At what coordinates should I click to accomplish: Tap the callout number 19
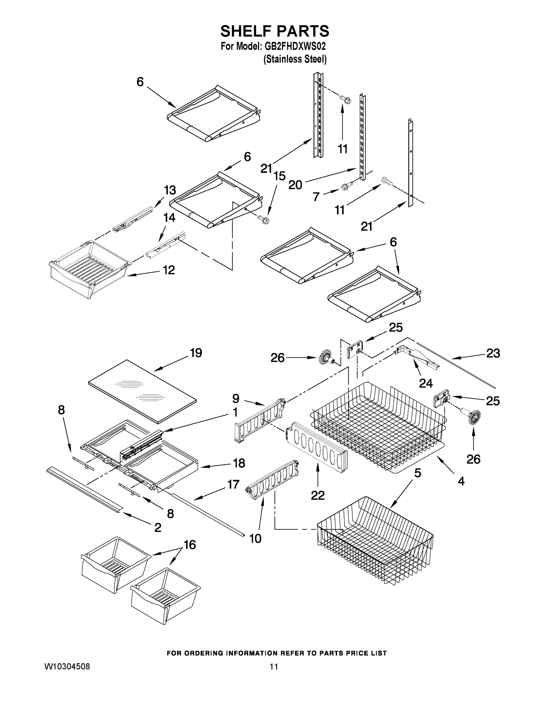click(196, 353)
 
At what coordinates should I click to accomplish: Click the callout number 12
click(169, 270)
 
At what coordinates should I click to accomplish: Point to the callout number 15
click(279, 176)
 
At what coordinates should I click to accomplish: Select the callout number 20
click(295, 185)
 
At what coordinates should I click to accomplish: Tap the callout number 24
click(426, 383)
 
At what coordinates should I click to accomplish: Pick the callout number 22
click(318, 495)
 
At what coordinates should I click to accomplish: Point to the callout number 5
click(418, 473)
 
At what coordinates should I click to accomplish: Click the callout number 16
click(190, 545)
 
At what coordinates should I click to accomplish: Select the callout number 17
click(233, 484)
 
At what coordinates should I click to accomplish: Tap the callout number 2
click(157, 527)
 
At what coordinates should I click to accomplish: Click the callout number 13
click(170, 190)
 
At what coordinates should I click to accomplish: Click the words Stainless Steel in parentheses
click(295, 59)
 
